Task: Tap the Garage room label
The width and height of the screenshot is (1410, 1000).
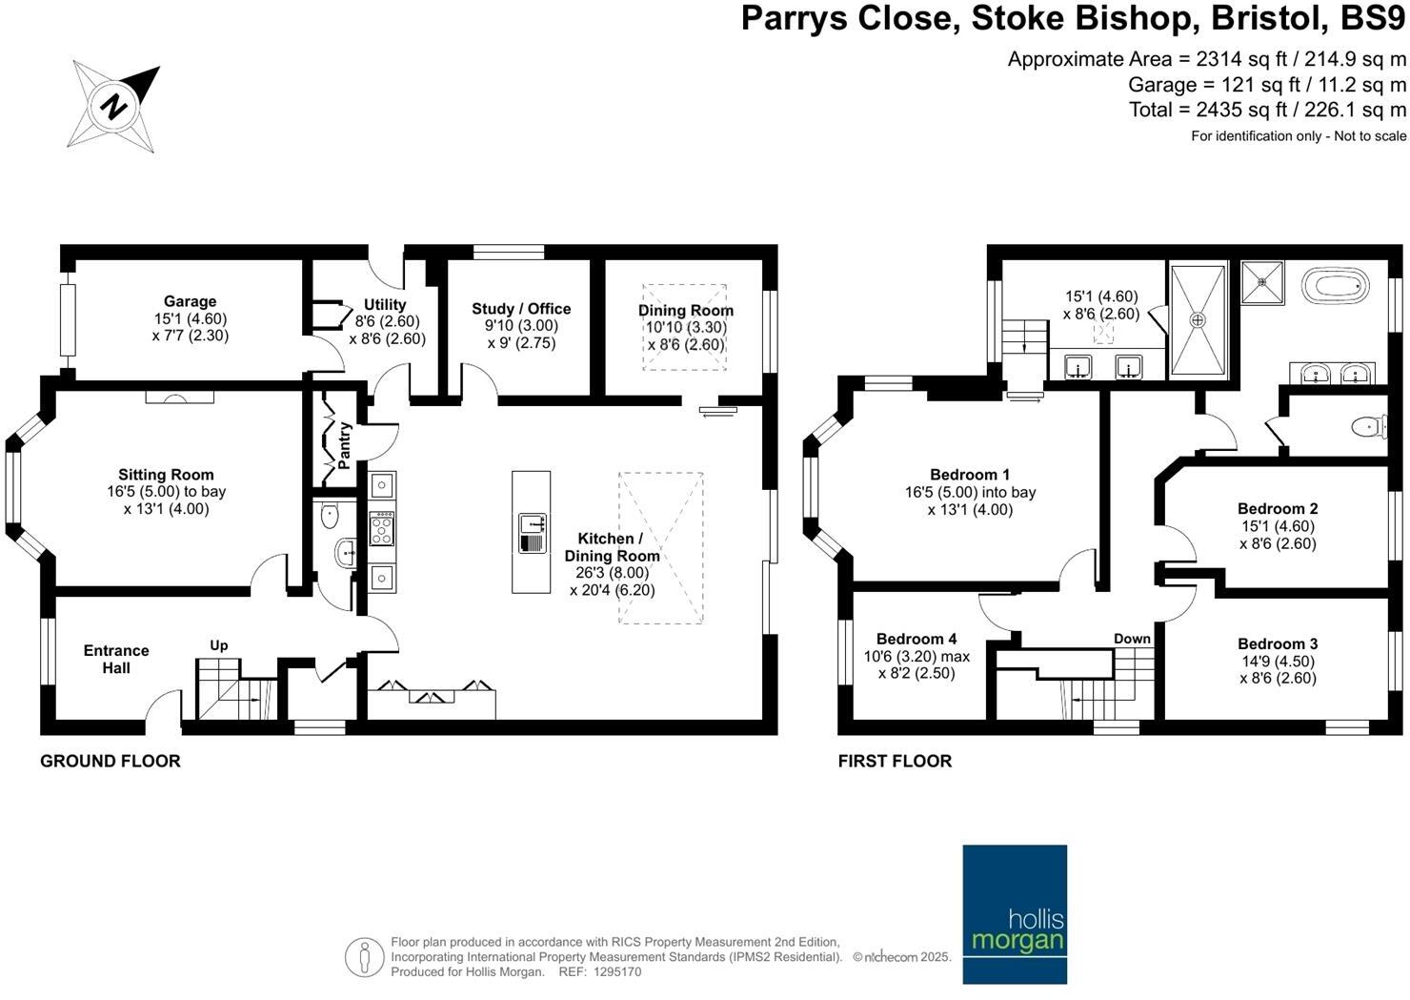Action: point(191,301)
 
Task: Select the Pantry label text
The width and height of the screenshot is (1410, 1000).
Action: point(344,446)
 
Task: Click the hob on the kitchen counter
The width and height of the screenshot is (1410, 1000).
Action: point(381,528)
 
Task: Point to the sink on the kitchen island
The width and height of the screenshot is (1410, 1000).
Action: point(533,534)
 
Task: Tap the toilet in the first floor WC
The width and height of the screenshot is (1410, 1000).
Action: point(1369,427)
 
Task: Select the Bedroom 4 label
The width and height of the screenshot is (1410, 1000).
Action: point(916,639)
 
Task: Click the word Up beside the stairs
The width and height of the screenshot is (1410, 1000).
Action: point(218,646)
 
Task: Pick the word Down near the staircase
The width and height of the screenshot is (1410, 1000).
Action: point(1132,639)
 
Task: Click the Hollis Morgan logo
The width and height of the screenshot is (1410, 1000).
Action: point(1015,914)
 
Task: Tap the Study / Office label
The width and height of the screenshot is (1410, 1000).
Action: point(521,309)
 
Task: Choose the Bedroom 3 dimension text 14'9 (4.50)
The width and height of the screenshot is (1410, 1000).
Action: point(1278,662)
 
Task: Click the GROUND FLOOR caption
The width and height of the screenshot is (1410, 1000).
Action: point(111,762)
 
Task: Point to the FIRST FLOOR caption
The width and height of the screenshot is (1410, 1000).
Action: point(895,762)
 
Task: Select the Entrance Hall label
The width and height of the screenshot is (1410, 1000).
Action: point(116,660)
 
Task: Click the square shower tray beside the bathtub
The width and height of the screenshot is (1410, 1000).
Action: point(1262,282)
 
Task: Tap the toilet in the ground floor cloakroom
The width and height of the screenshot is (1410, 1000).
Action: point(330,517)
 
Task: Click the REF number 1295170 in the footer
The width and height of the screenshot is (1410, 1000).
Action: point(617,971)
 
